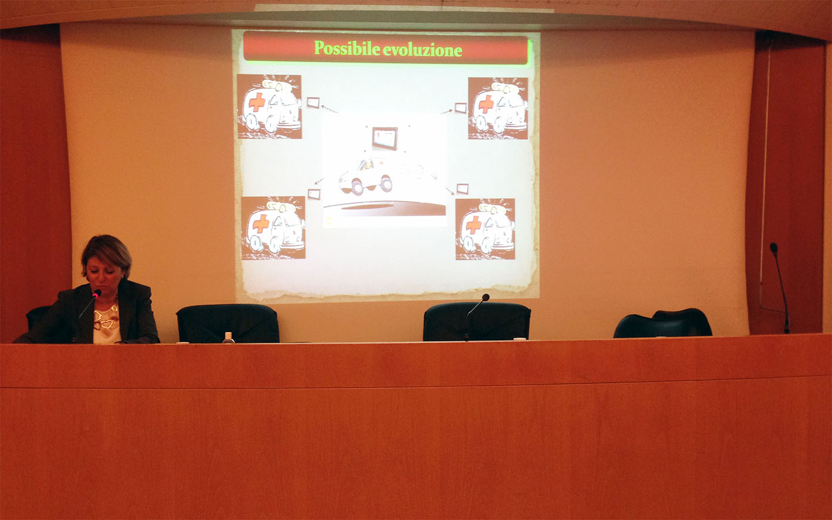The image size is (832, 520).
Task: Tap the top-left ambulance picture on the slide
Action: pos(270,106)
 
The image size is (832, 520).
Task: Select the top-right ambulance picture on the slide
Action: pos(498,108)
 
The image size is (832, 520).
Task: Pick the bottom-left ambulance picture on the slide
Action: pos(274,227)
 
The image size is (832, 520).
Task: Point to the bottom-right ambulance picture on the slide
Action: pos(485,229)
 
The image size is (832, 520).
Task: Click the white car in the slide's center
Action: pos(366,176)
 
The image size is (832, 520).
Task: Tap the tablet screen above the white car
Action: pos(385,138)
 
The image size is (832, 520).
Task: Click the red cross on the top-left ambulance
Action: pos(257,102)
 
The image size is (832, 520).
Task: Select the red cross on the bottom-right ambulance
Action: pos(474,225)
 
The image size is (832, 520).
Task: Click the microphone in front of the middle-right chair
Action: pos(477,317)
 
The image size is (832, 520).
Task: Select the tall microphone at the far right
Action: pos(780,288)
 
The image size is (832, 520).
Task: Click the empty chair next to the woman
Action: pos(228,323)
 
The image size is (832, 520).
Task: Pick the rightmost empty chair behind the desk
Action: pos(663,323)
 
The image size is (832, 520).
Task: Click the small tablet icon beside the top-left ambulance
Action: pos(313,102)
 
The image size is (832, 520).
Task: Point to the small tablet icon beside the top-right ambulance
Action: pos(460,108)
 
